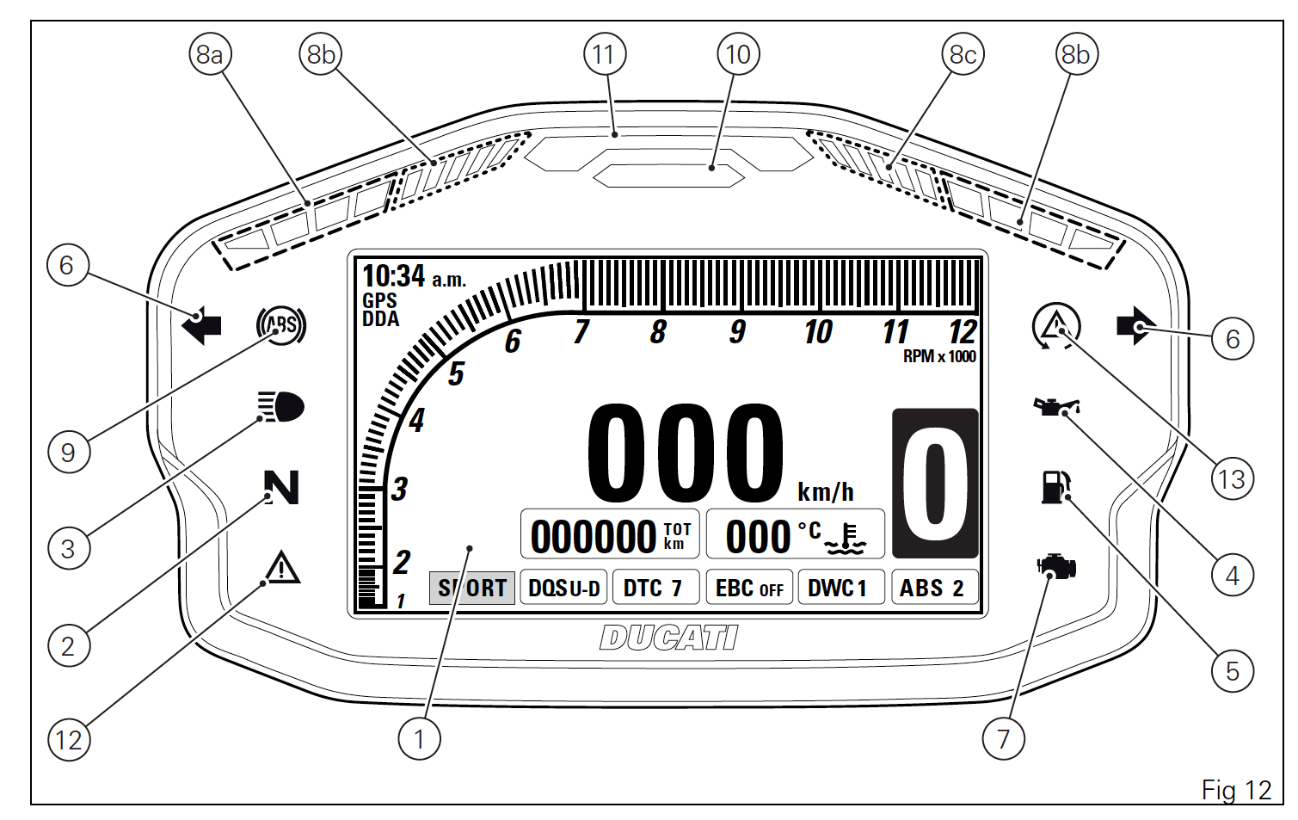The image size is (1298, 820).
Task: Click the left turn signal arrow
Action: pos(201,326)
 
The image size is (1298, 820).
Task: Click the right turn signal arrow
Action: pos(1136,326)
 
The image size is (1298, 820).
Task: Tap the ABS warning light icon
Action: pos(281,325)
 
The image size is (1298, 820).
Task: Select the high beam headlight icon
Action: pos(280,406)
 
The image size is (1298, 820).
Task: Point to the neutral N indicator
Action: pos(281,487)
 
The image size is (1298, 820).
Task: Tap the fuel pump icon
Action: pos(1055,487)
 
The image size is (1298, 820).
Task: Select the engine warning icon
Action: pos(1056,567)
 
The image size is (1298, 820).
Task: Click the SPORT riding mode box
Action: pos(471,588)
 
